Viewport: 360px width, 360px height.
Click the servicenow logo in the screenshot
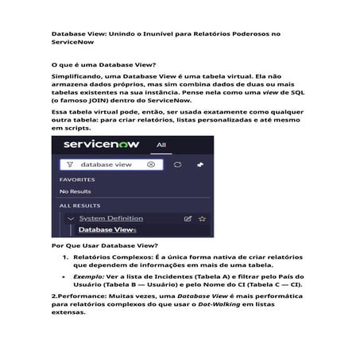pos(102,146)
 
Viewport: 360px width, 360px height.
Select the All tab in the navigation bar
pos(161,145)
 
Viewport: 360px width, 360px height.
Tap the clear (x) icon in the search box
pos(151,165)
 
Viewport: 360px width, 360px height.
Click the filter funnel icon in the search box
pos(70,165)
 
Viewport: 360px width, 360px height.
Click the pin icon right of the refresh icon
pos(199,165)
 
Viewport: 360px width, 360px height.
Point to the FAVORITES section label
pos(77,180)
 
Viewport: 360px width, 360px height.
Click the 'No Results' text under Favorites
pos(75,192)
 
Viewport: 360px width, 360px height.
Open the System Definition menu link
pos(111,218)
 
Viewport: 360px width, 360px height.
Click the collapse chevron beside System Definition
pos(71,218)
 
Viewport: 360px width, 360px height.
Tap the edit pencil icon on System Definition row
pos(188,218)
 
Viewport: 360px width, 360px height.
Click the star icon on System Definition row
pos(202,218)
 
